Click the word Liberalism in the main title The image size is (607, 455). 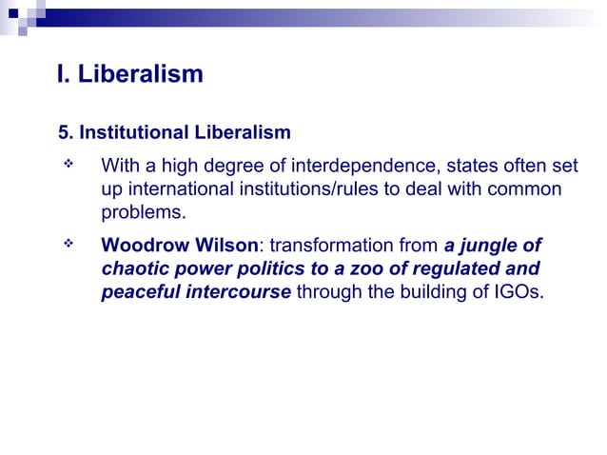(140, 74)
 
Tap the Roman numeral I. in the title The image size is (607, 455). (63, 74)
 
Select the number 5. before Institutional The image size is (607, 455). (66, 130)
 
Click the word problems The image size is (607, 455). (144, 211)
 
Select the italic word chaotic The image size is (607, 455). (135, 268)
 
